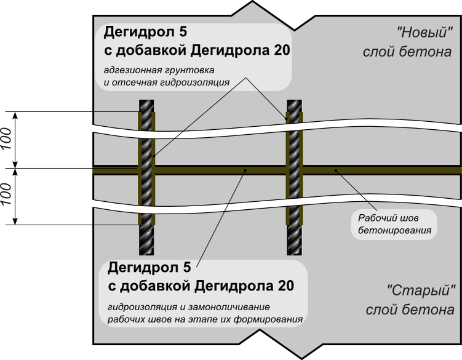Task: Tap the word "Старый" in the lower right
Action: click(421, 290)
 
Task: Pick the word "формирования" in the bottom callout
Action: click(273, 319)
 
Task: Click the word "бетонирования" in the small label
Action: click(394, 231)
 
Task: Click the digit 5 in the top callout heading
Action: click(182, 31)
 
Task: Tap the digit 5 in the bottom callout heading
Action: click(186, 268)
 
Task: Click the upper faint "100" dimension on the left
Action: click(7, 138)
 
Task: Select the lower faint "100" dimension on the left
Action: click(7, 193)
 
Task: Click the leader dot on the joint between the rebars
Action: click(244, 170)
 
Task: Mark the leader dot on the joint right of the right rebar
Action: click(336, 170)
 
